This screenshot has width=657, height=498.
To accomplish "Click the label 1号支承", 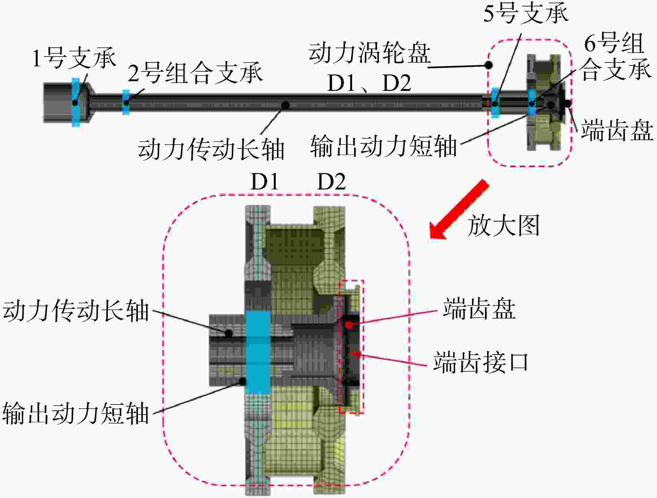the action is [x=74, y=58].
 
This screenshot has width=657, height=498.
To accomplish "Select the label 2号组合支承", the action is [x=195, y=73].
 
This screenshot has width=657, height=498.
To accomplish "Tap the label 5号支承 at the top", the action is [x=526, y=14].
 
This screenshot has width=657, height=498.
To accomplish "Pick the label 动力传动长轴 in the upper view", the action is [x=211, y=149].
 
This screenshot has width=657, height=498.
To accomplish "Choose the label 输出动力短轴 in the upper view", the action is [x=383, y=146].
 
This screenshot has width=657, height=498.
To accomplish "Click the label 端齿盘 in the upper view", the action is [x=617, y=130].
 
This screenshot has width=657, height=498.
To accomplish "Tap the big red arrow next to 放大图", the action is [x=459, y=210].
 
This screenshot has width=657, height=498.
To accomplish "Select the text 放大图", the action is [x=503, y=225].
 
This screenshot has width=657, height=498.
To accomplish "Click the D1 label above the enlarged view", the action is [x=264, y=182].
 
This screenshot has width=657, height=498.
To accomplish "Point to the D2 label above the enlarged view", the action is [x=331, y=182].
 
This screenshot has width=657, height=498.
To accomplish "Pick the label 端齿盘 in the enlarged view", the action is [x=479, y=309].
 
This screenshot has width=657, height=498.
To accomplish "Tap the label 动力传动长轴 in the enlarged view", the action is [x=76, y=310].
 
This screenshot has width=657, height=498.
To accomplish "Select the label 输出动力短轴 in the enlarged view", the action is [x=76, y=413].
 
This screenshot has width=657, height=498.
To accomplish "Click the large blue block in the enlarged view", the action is [x=258, y=352].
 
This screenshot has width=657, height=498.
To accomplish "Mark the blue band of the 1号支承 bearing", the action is [x=76, y=102].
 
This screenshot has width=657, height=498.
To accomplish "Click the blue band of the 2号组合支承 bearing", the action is [x=126, y=102].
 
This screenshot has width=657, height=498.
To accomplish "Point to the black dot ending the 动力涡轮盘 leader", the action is [x=489, y=65].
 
